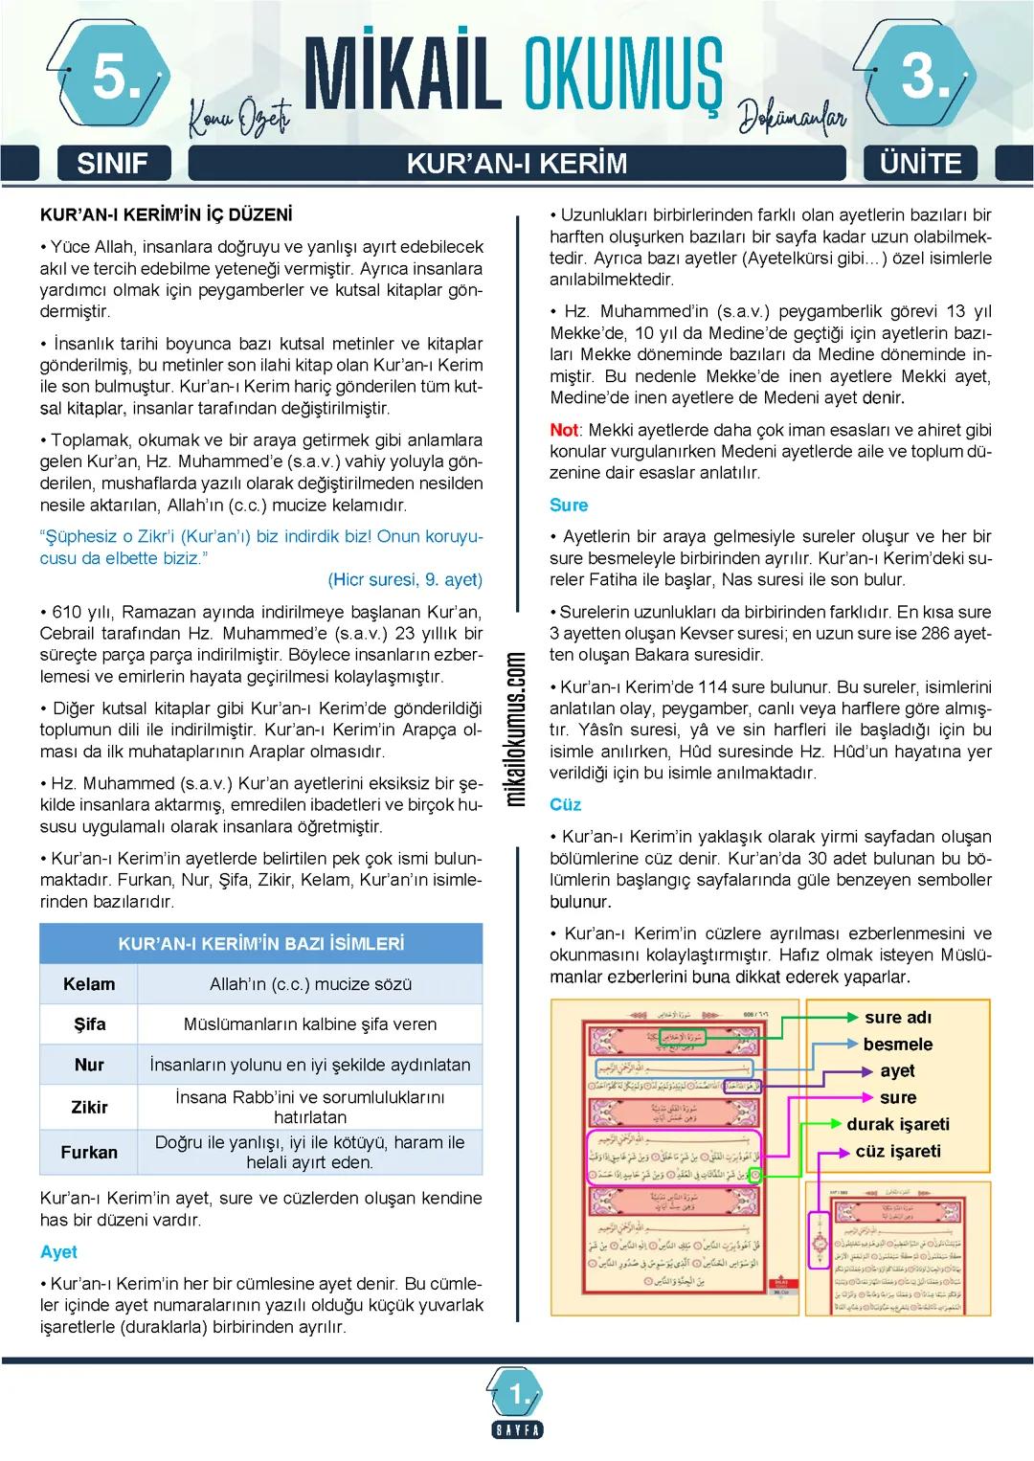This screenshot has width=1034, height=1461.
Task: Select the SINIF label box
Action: click(112, 164)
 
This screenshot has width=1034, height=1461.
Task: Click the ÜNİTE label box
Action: click(921, 164)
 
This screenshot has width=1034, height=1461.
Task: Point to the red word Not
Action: click(564, 431)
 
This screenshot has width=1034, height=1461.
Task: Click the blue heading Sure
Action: click(569, 506)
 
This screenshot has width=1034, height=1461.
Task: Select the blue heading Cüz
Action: click(566, 805)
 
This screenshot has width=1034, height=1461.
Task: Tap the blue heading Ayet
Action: click(58, 1252)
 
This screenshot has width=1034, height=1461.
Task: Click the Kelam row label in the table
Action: click(89, 984)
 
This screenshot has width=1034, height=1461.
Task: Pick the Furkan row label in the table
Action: click(89, 1153)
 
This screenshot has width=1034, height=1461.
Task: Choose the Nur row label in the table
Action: click(89, 1065)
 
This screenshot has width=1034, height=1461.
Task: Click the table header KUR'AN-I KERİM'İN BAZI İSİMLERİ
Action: click(260, 944)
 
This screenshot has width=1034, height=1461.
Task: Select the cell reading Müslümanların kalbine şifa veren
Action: click(310, 1024)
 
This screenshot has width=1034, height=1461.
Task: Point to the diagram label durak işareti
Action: click(898, 1124)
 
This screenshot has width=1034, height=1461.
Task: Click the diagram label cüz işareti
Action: click(898, 1151)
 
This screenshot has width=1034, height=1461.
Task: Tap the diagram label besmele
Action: click(897, 1045)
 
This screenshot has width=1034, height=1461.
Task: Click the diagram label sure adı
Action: click(897, 1018)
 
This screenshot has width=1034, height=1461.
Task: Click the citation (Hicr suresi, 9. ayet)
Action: click(405, 580)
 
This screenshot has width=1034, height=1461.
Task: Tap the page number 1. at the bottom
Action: click(518, 1396)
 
